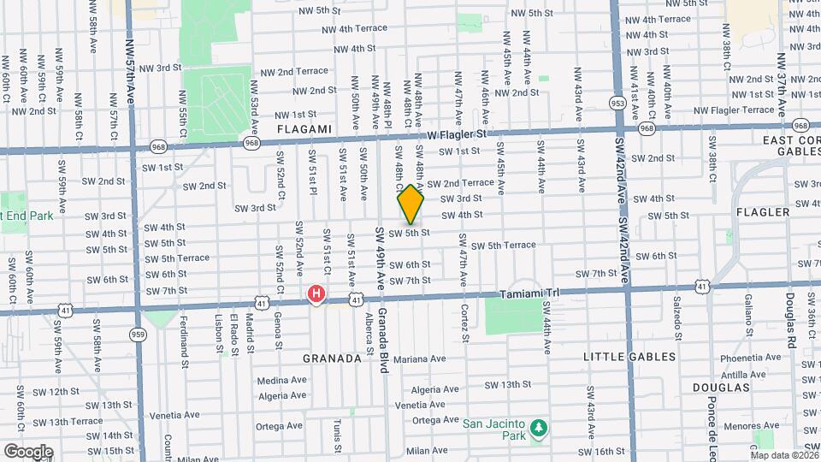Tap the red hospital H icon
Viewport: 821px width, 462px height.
click(x=316, y=295)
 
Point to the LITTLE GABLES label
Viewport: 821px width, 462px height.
click(x=629, y=356)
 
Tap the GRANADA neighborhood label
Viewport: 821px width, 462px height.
click(x=332, y=358)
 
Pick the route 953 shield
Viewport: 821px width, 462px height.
click(x=617, y=104)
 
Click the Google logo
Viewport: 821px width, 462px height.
click(x=28, y=451)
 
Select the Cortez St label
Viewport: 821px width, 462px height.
click(x=464, y=323)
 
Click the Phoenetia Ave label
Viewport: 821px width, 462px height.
click(x=747, y=358)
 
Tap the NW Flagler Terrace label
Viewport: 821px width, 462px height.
click(x=734, y=110)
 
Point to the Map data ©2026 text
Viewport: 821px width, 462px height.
click(x=784, y=454)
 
